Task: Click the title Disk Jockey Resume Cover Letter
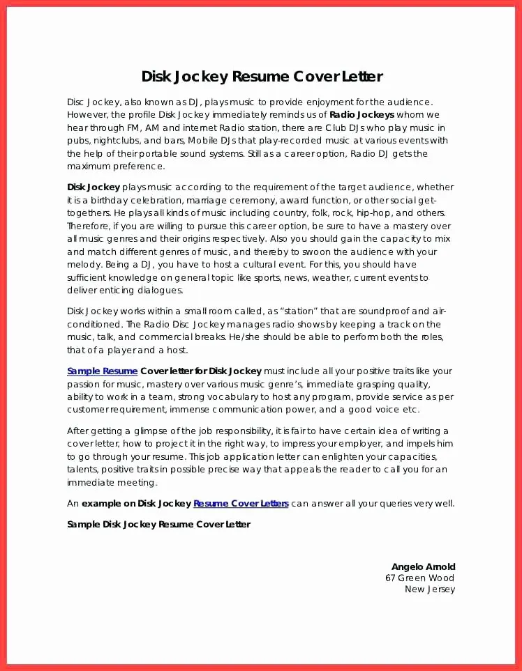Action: pos(262,77)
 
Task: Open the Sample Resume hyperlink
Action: pos(102,371)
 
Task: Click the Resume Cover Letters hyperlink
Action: pos(241,503)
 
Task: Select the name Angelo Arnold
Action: pos(423,567)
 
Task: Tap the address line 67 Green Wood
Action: pos(419,578)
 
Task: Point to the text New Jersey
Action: pos(429,589)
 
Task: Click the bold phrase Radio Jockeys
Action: pos(361,115)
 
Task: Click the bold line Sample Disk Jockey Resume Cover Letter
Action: pos(158,524)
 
